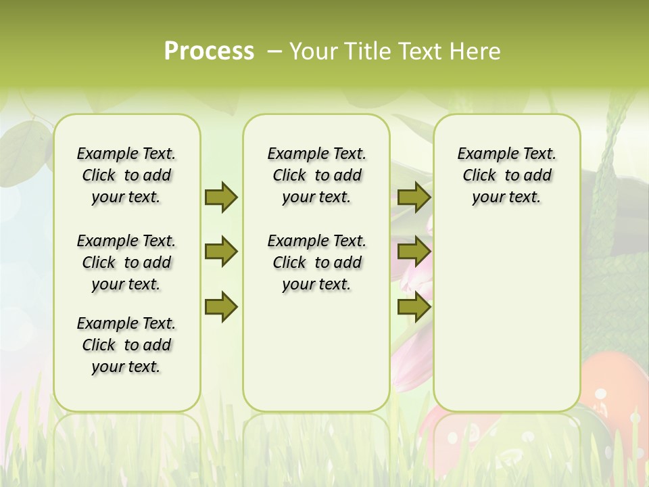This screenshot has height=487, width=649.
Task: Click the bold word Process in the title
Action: point(209,51)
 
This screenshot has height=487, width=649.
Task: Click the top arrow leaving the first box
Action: point(221,197)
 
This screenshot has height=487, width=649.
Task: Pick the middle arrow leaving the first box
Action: point(221,252)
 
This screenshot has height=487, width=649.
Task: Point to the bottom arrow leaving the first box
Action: point(221,306)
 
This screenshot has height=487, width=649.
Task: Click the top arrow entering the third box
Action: point(414,197)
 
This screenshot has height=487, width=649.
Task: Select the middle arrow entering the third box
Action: point(414,252)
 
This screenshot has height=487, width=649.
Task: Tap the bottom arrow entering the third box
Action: point(414,306)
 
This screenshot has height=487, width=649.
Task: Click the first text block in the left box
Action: point(126,175)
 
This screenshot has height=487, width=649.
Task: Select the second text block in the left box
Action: point(126,262)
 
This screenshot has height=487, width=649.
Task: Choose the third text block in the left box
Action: point(126,345)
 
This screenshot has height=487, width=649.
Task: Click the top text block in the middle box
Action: point(316,175)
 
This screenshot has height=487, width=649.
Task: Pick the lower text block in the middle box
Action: point(316,262)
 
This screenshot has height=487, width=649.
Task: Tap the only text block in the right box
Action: point(506,175)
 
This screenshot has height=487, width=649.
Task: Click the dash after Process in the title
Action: point(274,51)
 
